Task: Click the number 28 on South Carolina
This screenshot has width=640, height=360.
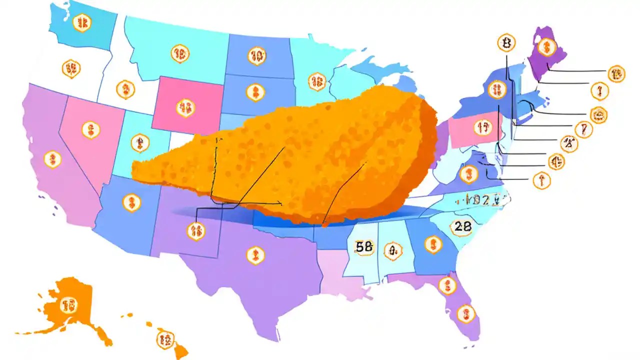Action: click(x=460, y=226)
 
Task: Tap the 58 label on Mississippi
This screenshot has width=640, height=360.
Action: click(x=364, y=246)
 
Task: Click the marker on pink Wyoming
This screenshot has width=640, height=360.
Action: click(x=184, y=106)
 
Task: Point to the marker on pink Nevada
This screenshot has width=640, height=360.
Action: click(x=90, y=130)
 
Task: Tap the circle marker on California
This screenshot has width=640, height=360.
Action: click(x=52, y=159)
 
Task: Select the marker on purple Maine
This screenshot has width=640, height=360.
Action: click(x=548, y=46)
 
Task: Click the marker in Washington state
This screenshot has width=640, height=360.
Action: click(x=81, y=22)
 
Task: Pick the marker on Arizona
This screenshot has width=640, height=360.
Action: click(x=131, y=202)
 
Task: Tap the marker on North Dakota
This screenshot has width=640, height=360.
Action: click(x=256, y=56)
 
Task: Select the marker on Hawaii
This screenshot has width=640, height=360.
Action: click(x=164, y=339)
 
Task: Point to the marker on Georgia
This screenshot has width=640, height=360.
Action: click(x=433, y=244)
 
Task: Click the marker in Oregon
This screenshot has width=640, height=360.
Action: click(x=71, y=68)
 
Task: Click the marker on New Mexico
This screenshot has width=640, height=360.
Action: click(x=195, y=230)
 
